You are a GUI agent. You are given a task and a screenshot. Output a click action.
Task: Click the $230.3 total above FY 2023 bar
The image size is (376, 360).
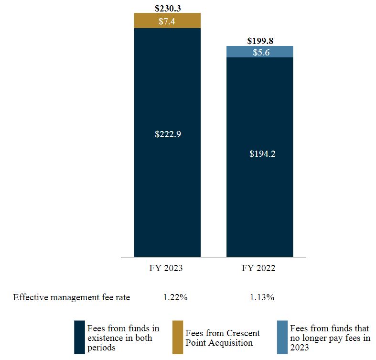(x=167, y=8)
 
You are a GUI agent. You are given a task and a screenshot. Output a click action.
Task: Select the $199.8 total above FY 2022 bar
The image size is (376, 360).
(x=259, y=41)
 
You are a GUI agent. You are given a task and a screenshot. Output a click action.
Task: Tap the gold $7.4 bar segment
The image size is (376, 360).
(x=167, y=21)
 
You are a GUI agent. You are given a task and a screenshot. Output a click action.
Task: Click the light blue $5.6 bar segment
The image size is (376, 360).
(x=259, y=52)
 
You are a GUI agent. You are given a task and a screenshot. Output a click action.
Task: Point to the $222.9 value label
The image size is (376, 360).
(x=167, y=134)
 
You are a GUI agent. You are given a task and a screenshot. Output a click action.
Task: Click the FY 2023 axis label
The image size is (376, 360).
(x=166, y=268)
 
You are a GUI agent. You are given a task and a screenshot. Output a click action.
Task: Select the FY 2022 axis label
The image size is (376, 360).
(x=259, y=268)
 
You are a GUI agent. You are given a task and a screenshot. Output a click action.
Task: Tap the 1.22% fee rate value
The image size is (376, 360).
(x=175, y=297)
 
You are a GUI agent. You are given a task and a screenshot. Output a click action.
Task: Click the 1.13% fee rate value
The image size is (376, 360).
(x=262, y=297)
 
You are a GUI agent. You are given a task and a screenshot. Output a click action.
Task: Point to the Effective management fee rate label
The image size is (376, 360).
(x=72, y=297)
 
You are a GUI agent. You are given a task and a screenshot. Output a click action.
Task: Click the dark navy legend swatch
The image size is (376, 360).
(x=79, y=337)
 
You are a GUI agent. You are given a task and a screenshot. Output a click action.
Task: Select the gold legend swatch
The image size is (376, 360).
(x=177, y=337)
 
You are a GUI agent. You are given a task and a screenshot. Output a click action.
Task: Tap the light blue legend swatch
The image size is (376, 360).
(x=282, y=337)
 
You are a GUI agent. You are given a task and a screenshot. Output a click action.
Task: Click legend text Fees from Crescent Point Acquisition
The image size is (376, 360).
(x=223, y=338)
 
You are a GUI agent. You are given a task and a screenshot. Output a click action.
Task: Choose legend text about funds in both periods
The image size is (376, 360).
(x=123, y=338)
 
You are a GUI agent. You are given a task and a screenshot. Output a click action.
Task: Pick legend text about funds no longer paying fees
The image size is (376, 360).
(x=330, y=338)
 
